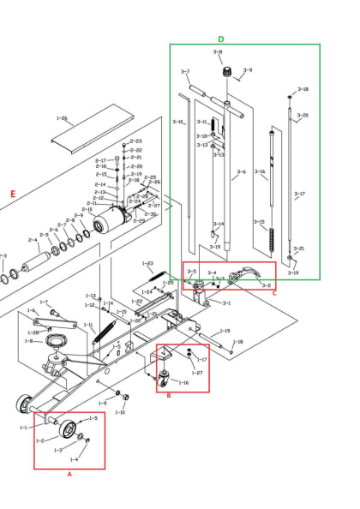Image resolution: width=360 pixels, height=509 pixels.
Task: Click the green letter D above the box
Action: click(x=220, y=39)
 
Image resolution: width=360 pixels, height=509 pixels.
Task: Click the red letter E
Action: click(x=12, y=195)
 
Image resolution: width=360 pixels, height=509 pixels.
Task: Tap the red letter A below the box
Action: click(x=69, y=475)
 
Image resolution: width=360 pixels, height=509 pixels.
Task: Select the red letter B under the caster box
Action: click(x=168, y=395)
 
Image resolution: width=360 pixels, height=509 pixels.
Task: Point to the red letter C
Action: click(x=274, y=293)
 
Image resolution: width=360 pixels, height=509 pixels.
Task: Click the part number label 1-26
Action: click(x=62, y=118)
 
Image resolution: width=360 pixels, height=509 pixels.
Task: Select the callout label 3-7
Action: click(x=185, y=72)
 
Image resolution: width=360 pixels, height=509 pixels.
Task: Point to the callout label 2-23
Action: click(x=136, y=141)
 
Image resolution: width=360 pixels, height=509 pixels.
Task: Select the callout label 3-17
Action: click(x=299, y=195)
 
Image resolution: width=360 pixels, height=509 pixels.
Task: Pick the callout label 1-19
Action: click(x=225, y=330)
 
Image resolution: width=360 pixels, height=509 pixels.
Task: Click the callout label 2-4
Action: click(x=33, y=240)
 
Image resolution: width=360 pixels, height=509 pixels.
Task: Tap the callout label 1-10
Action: click(x=120, y=412)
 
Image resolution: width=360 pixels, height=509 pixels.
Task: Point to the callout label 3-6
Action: click(x=241, y=172)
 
